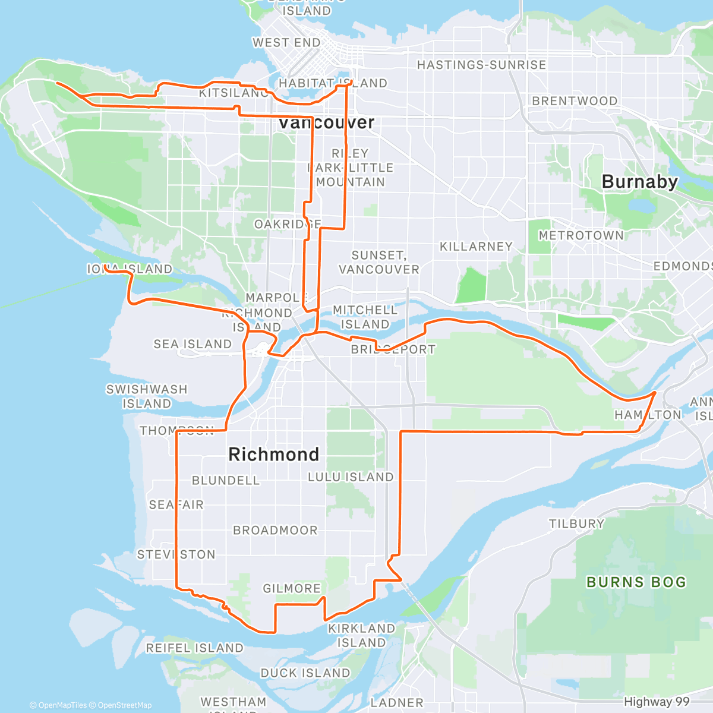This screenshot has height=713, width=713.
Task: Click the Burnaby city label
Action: (639, 182)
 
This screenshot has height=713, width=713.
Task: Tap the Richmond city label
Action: (274, 455)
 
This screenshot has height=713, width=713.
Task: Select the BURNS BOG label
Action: (636, 582)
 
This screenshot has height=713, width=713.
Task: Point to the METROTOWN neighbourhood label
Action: (581, 236)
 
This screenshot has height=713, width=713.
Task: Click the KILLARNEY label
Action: (476, 247)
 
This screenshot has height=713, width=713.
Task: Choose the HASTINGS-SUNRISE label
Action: (481, 65)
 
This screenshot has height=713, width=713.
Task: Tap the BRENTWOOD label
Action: (575, 101)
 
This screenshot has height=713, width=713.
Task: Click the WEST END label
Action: (286, 43)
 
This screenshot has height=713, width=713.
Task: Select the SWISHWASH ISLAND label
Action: (147, 396)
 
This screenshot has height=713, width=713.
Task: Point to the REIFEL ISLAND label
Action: (195, 648)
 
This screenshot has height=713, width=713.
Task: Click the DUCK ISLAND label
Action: (305, 673)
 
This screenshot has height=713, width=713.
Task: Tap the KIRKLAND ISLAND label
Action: (361, 635)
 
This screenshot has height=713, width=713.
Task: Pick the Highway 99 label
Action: (657, 702)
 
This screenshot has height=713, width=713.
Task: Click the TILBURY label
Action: (576, 524)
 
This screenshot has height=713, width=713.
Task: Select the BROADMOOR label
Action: (275, 531)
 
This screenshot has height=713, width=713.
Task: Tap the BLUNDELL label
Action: (226, 481)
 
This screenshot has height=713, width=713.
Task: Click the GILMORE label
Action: (292, 589)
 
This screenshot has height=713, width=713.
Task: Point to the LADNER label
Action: (397, 703)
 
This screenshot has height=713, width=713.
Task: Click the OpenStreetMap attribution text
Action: (124, 705)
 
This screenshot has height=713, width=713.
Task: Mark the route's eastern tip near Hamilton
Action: (655, 393)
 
